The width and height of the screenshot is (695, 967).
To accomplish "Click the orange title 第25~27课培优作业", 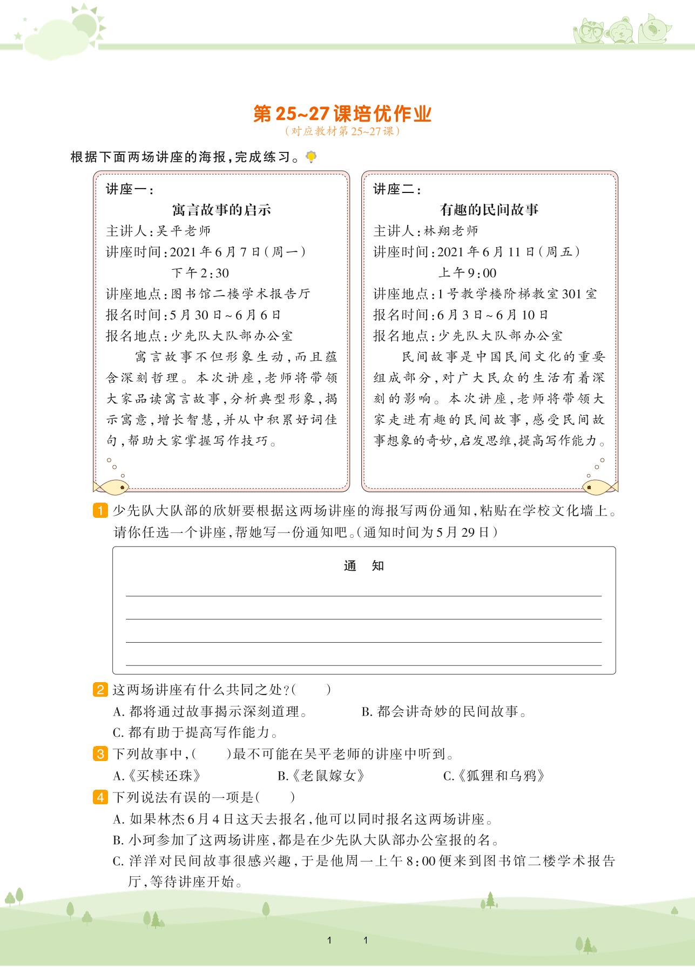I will [x=343, y=115].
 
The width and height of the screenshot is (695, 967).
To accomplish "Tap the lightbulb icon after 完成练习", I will [x=311, y=157].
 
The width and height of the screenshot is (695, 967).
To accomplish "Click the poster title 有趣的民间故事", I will [x=489, y=210].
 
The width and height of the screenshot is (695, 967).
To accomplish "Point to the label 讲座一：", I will [x=130, y=190].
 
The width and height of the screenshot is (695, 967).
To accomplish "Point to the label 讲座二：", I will [x=397, y=190].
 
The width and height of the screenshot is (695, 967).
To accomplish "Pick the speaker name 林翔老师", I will [x=451, y=231].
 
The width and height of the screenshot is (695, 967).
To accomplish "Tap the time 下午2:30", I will [x=200, y=273].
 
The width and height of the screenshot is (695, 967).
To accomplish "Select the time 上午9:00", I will [x=467, y=273].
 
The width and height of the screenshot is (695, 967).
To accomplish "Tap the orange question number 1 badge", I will [x=100, y=511].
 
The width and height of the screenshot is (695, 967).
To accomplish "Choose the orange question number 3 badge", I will [x=100, y=753].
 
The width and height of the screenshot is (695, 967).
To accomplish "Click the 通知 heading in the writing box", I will [x=363, y=566].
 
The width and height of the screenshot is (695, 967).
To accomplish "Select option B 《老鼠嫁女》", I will [x=322, y=776].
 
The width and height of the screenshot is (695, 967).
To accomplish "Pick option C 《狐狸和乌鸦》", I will [x=494, y=776].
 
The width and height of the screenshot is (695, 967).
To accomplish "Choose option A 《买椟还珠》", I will [x=157, y=776].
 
